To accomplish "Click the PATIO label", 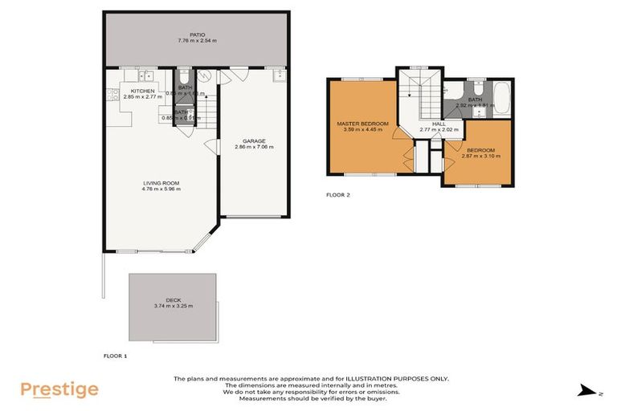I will click(x=197, y=35).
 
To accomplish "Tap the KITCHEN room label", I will click(x=142, y=91).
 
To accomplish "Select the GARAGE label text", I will click(x=254, y=141).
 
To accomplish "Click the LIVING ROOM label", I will click(x=161, y=183).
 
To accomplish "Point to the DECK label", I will click(x=173, y=299).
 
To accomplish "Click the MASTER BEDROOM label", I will click(x=362, y=124).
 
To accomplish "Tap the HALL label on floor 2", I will click(x=438, y=124).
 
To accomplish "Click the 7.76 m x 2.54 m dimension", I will click(x=197, y=41).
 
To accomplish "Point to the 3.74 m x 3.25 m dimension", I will click(x=173, y=306).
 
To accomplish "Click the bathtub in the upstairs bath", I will click(x=501, y=98).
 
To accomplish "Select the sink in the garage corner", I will click(x=279, y=76).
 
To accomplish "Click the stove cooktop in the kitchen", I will click(x=109, y=96).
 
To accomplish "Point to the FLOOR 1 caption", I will click(x=116, y=355).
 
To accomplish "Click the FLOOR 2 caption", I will click(x=337, y=194).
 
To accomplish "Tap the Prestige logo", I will click(x=59, y=390).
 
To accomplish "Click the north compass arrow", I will click(x=584, y=390).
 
